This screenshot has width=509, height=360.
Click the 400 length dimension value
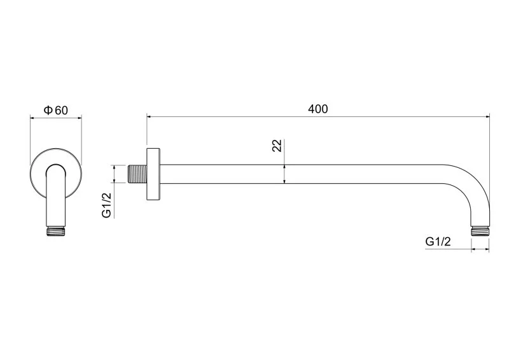pyautogui.click(x=317, y=109)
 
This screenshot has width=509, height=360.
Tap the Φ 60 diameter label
pyautogui.click(x=56, y=111)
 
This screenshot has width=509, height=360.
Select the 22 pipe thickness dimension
pyautogui.click(x=277, y=146)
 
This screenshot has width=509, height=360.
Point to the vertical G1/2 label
pyautogui.click(x=106, y=205)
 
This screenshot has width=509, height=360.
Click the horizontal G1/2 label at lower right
pyautogui.click(x=438, y=242)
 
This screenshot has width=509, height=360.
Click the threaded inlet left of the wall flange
pyautogui.click(x=137, y=174)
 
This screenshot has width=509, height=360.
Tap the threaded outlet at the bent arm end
pyautogui.click(x=480, y=232)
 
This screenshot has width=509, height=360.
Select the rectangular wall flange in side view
pyautogui.click(x=153, y=174)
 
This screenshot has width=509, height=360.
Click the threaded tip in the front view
pyautogui.click(x=56, y=232)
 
